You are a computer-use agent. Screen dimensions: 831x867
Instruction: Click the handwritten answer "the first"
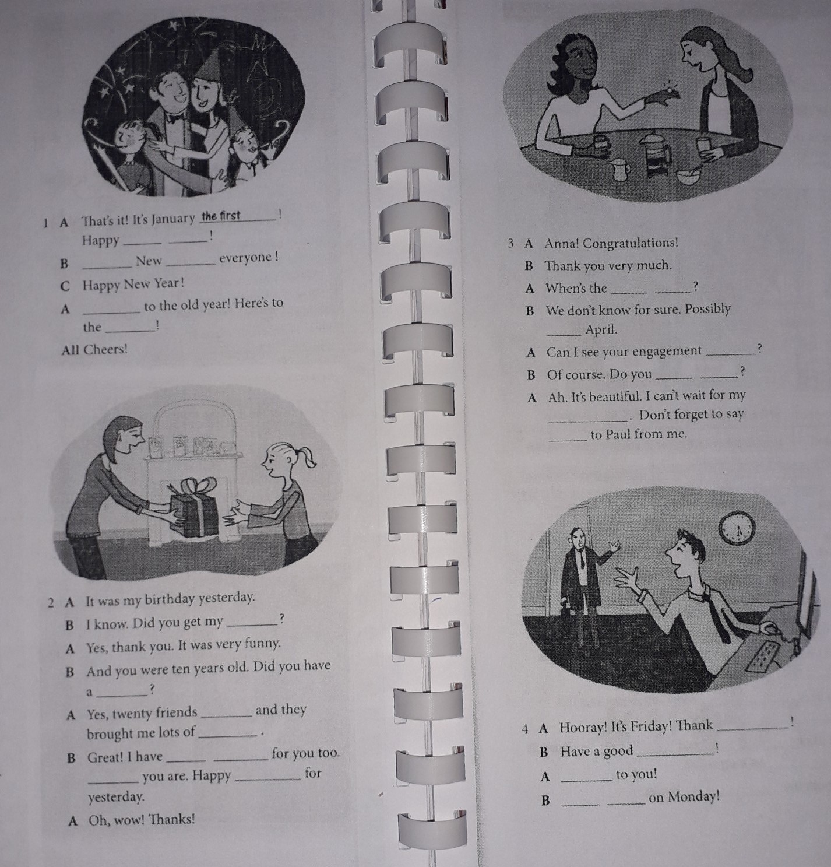[x=221, y=216]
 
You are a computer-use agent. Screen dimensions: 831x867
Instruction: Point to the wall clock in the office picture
[x=737, y=528]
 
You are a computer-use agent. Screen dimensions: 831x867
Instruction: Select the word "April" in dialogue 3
[x=601, y=329]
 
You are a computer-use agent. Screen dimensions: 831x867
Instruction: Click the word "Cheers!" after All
[x=105, y=349]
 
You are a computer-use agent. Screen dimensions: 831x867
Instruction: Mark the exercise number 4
[x=526, y=729]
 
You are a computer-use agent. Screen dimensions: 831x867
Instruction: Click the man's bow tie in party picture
[x=175, y=118]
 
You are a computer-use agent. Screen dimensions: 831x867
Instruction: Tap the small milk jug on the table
[x=619, y=170]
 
